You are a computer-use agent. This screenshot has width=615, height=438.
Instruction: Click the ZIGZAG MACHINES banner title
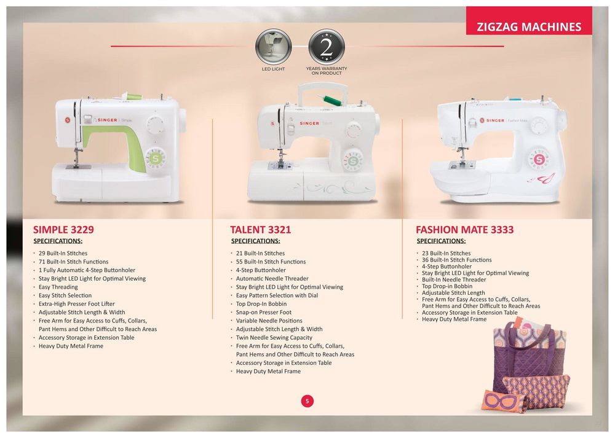529,26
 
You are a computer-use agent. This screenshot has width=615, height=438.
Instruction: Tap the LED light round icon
274,47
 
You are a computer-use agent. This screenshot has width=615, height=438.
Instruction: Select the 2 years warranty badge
327,47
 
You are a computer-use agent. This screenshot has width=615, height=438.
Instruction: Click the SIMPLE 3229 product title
63,230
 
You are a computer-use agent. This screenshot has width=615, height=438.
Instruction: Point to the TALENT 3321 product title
260,230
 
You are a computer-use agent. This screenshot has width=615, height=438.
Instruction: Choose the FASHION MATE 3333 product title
465,230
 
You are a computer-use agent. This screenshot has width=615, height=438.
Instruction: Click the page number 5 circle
307,401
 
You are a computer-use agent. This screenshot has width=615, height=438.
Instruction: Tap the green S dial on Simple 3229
156,158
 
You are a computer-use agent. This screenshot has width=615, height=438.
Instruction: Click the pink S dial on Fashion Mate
539,160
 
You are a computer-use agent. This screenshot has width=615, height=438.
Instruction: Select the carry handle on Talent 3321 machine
323,93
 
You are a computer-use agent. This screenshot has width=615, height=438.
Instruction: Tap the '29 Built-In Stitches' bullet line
63,254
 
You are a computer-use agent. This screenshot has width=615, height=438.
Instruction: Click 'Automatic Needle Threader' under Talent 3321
272,278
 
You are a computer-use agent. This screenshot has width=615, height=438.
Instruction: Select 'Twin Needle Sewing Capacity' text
274,338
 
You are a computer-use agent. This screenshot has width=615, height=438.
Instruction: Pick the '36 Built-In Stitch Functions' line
456,260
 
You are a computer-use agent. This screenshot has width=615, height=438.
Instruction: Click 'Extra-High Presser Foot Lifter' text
76,304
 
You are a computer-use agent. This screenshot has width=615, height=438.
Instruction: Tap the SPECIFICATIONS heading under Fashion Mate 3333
441,241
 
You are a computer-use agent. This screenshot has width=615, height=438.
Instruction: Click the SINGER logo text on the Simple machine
107,120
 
